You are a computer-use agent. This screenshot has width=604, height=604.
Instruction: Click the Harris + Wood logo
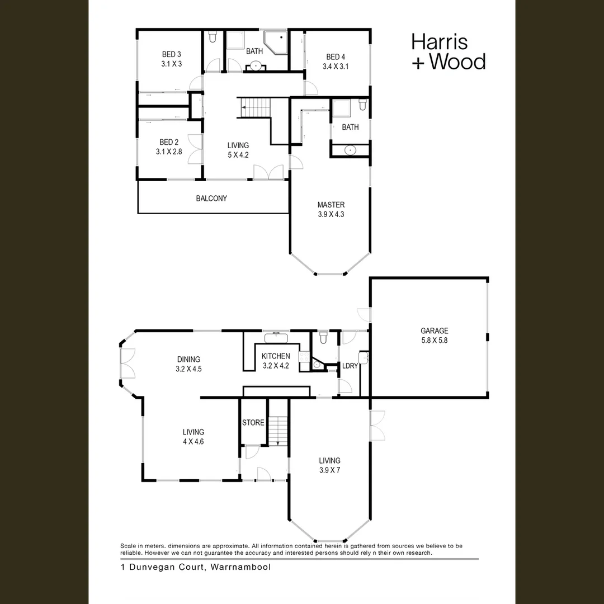(448, 51)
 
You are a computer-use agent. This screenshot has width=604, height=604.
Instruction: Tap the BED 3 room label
(171, 59)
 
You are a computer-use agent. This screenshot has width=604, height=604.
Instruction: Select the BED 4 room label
(336, 62)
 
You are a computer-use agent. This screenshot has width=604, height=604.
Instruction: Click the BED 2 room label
(169, 147)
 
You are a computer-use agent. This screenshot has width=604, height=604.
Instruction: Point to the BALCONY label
(211, 199)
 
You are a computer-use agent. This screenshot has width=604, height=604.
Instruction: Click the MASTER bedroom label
(331, 209)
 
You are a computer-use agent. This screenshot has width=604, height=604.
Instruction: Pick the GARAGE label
(434, 335)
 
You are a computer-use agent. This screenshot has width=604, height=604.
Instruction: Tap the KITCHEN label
(276, 361)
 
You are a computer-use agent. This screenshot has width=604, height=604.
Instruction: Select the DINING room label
(188, 364)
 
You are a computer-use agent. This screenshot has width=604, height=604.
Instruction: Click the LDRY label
(350, 366)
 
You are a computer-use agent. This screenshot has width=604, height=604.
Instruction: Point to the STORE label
(253, 423)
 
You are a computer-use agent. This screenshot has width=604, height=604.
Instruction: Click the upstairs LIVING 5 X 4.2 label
(238, 150)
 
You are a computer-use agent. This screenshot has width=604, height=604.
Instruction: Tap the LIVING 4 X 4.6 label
(193, 437)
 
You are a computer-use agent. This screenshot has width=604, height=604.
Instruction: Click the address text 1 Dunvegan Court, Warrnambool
(196, 567)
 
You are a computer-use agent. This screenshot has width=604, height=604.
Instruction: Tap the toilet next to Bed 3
(213, 38)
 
